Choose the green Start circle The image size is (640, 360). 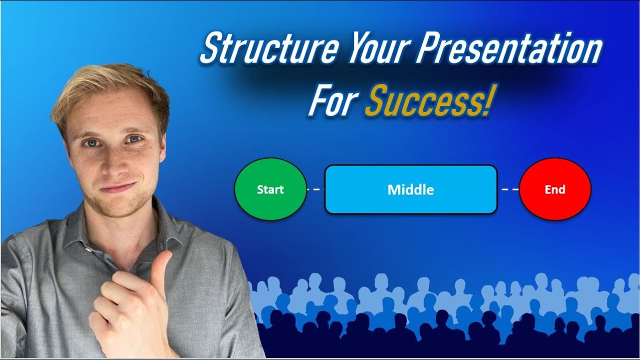[x=270, y=189]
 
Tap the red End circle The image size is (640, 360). [x=555, y=189]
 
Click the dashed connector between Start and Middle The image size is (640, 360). [x=315, y=189]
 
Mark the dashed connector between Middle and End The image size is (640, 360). [x=508, y=189]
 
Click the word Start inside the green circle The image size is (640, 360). [x=270, y=189]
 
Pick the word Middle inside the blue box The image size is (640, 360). [x=410, y=190]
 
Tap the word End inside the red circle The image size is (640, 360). [x=555, y=189]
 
